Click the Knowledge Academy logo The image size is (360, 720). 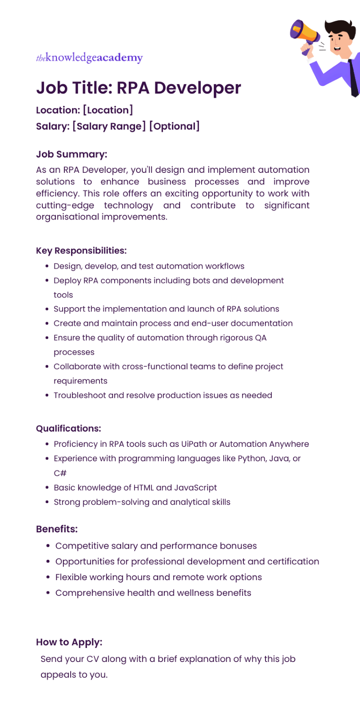[89, 58]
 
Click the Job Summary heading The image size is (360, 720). [72, 154]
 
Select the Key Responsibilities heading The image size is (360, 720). [81, 251]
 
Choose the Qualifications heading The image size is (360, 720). [68, 428]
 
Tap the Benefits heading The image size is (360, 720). [57, 529]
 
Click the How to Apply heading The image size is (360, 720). [69, 642]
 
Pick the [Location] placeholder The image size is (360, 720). [108, 110]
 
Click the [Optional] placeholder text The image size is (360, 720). [174, 126]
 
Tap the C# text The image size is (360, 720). [60, 473]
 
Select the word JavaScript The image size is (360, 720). [195, 488]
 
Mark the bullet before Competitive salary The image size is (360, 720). [48, 546]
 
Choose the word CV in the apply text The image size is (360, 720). [93, 659]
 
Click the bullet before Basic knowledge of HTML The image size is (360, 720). [47, 488]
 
